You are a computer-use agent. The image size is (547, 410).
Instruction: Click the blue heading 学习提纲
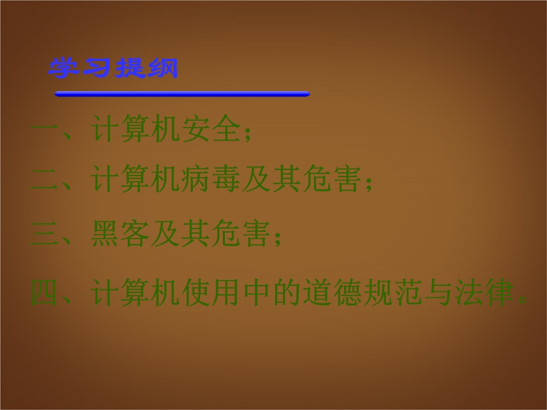[x=113, y=68]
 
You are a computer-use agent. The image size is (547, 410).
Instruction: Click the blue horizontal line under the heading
[x=182, y=94]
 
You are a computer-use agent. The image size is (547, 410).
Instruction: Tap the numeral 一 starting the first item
[x=44, y=128]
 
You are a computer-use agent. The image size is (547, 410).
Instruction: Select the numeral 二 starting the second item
[x=44, y=179]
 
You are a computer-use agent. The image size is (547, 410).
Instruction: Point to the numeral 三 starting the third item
[x=44, y=233]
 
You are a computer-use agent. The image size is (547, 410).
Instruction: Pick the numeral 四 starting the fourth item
[x=44, y=292]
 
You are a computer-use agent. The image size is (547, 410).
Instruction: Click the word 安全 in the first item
[x=211, y=128]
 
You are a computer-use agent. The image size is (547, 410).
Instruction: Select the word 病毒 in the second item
[x=211, y=179]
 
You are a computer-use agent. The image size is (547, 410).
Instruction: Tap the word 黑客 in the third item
[x=121, y=233]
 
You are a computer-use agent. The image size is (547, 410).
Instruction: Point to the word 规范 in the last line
[x=393, y=292]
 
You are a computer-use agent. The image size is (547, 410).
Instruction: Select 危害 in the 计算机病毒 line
[x=332, y=179]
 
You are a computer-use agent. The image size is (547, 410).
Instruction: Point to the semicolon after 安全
[x=248, y=134]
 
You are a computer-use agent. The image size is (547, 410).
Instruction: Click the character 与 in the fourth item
[x=438, y=292]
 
